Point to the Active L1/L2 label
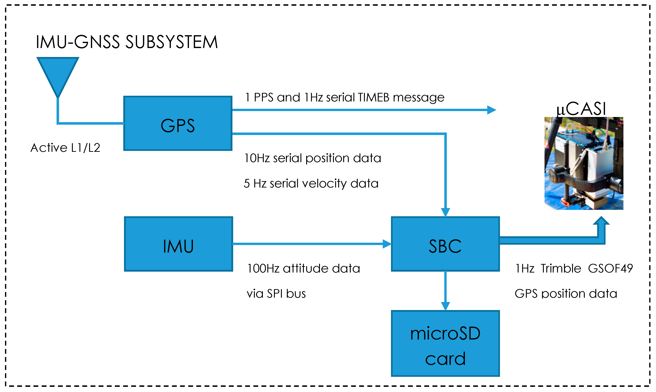65,148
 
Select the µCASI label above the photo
581,109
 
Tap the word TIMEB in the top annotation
374,98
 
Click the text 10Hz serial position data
312,158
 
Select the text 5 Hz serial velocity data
311,183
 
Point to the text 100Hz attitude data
303,268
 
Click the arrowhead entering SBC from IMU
387,244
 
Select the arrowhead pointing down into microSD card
445,306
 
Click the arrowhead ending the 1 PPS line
491,110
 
